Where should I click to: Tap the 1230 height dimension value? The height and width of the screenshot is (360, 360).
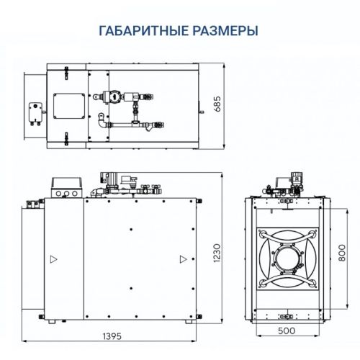[217, 251]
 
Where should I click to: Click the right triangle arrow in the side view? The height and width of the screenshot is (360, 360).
[184, 258]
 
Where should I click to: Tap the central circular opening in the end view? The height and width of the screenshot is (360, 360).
[287, 256]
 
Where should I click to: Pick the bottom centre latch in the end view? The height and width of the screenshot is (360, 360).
[287, 315]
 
